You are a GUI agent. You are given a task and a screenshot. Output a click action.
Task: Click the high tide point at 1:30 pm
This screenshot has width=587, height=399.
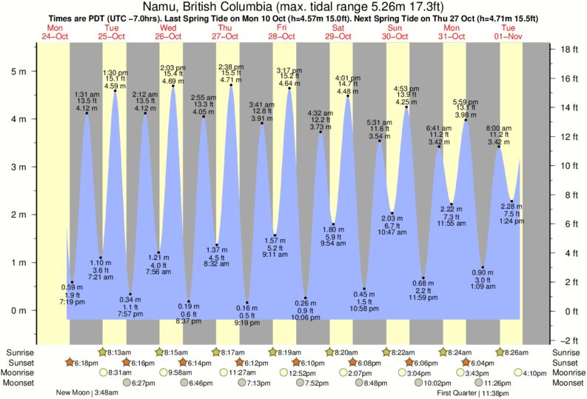click(x=115, y=91)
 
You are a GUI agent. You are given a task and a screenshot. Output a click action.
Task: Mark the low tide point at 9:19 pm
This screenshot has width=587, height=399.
click(x=246, y=303)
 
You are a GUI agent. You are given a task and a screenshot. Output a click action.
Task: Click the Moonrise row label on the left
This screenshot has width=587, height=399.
click(x=23, y=373)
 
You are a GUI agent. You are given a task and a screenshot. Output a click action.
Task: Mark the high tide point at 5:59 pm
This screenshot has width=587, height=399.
click(x=466, y=120)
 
